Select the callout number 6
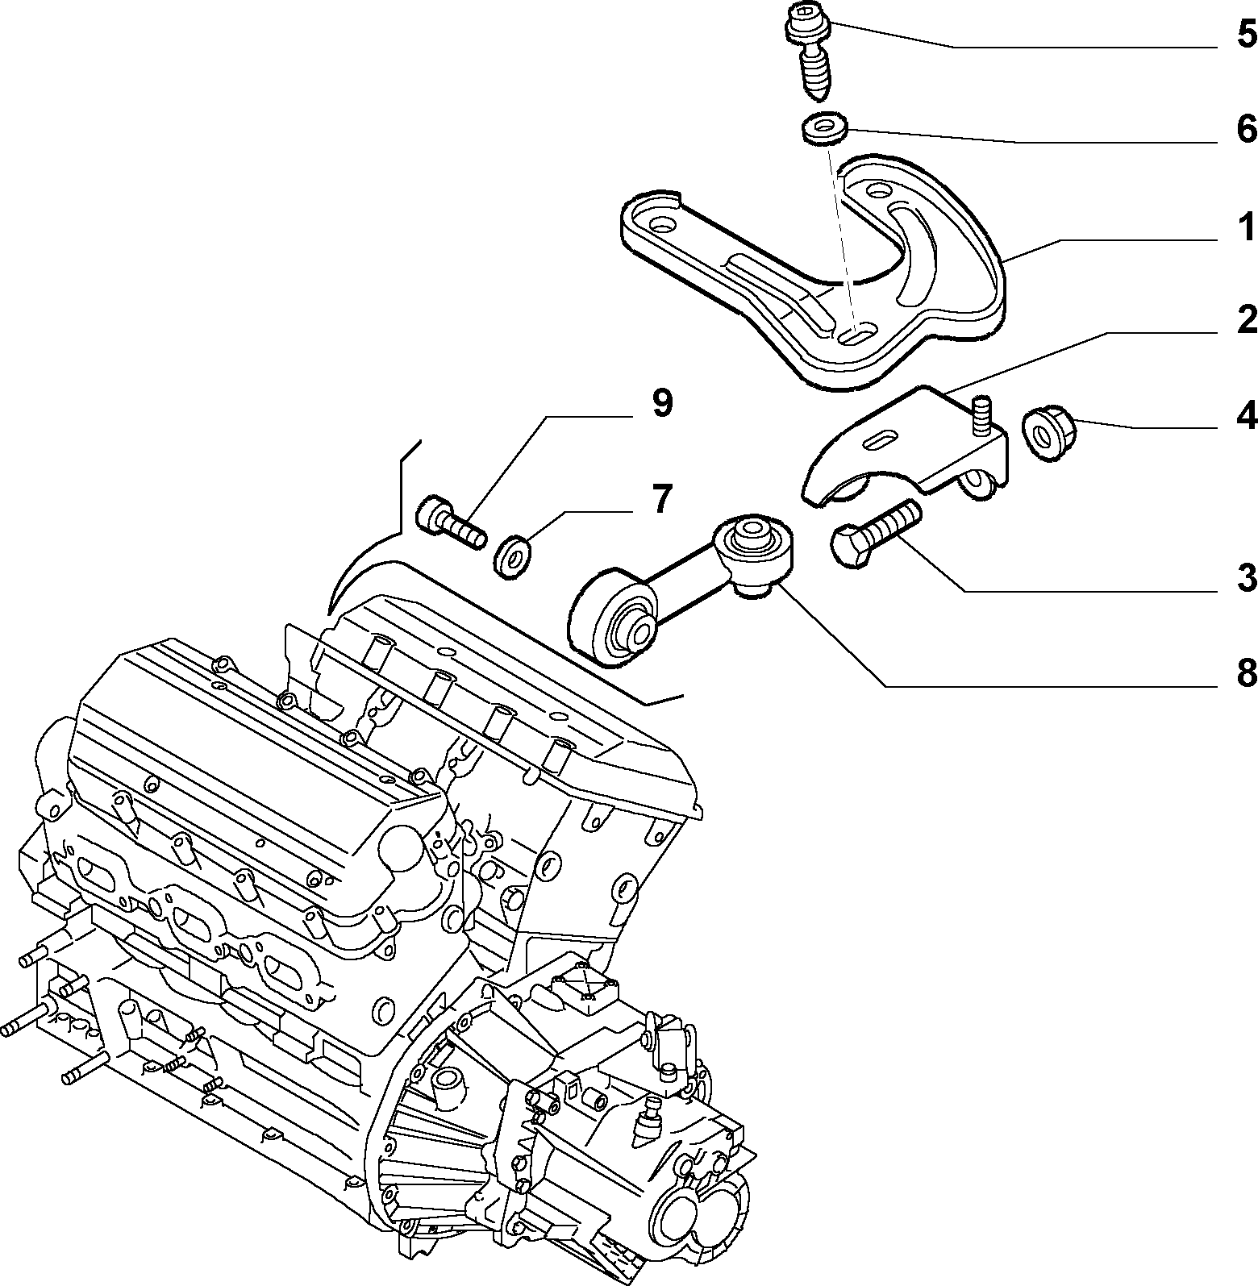(1246, 130)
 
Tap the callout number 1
(1247, 227)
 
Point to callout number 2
(1246, 320)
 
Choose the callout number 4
(1246, 415)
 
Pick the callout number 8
(1246, 672)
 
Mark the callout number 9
(661, 403)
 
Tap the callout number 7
(661, 499)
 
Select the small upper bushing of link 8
(753, 543)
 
